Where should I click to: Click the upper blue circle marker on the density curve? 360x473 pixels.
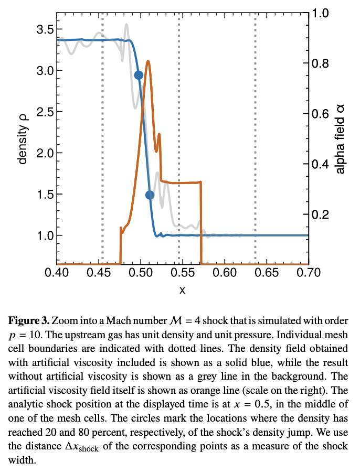(139, 75)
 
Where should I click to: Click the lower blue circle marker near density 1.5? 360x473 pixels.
(150, 195)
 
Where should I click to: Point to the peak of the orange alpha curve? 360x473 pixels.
(149, 61)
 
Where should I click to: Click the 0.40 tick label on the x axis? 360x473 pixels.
(57, 273)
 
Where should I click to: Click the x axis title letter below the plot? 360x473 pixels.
(182, 289)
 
